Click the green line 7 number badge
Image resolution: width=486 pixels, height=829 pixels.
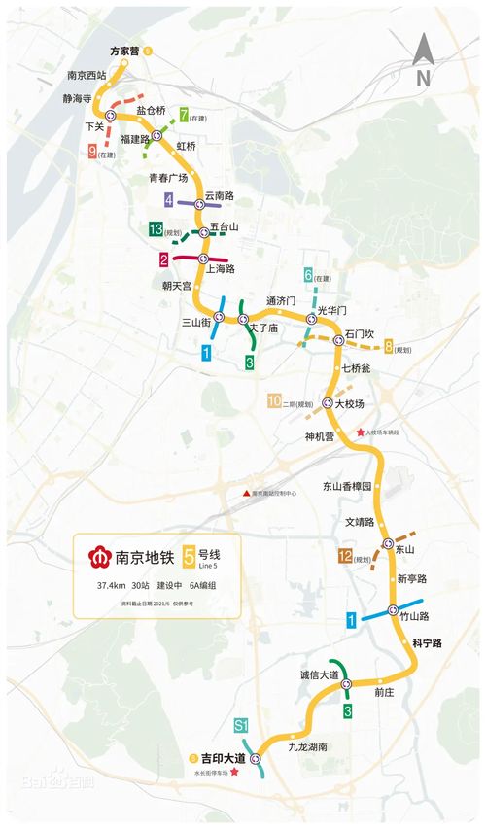pos(184,118)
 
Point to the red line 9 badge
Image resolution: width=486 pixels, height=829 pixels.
pos(91,152)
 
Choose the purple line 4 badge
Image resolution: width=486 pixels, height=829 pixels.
pos(169,200)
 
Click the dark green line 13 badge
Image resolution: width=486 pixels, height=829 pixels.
pos(156,229)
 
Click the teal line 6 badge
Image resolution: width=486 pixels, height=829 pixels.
pos(308,276)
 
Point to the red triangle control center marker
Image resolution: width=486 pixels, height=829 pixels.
pos(246,494)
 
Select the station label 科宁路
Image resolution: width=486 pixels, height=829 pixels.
pos(427,643)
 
